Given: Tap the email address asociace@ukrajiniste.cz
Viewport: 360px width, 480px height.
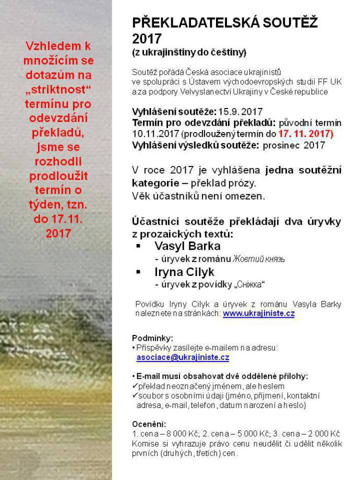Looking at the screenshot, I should (x=183, y=357).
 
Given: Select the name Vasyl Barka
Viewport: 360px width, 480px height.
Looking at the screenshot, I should (x=188, y=246).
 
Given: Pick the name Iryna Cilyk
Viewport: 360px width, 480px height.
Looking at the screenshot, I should (x=185, y=272).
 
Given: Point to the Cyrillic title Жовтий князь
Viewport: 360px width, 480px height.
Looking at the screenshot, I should (x=259, y=259).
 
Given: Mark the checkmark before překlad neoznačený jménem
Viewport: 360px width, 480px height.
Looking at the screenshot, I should (x=135, y=386).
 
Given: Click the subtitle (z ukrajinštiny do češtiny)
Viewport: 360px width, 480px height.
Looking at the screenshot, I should (x=189, y=52).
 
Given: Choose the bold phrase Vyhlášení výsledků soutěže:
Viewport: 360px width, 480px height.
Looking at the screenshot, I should (x=196, y=145).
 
